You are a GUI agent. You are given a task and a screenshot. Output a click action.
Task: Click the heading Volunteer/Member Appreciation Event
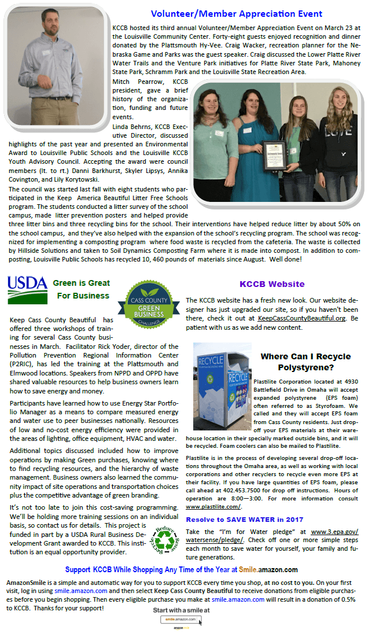coord(236,13)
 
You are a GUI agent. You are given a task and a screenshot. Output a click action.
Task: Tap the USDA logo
coord(27,289)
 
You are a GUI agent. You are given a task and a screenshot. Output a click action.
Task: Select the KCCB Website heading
coord(271,284)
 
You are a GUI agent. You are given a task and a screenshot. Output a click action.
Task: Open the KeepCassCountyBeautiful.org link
coord(301,318)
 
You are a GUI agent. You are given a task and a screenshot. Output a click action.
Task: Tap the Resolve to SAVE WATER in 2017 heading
coord(244,520)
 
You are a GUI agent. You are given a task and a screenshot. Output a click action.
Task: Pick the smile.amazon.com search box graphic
coord(181,619)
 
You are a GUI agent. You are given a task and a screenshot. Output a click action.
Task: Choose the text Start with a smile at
coord(181,610)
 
